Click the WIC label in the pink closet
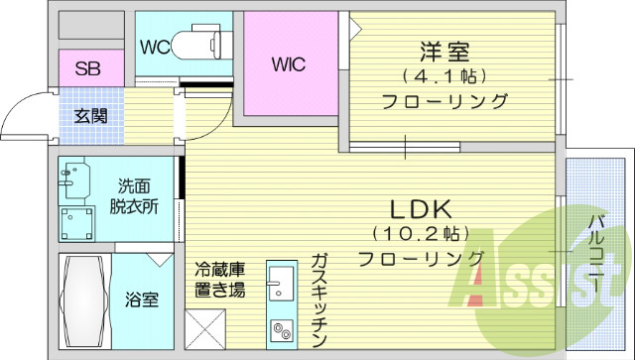(289, 64)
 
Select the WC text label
(154, 45)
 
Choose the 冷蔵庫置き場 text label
(219, 278)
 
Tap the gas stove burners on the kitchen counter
(280, 328)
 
